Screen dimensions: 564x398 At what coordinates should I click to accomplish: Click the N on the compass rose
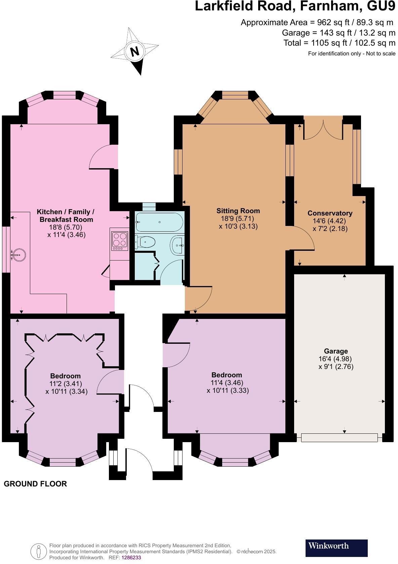(x=134, y=51)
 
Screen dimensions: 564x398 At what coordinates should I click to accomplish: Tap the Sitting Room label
(x=238, y=211)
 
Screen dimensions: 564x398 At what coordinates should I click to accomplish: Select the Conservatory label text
(x=330, y=213)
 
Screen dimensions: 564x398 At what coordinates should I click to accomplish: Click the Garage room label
(x=336, y=351)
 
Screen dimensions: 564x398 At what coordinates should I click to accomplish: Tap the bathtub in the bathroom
(x=159, y=222)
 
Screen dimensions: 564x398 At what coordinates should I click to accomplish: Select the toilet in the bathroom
(x=145, y=241)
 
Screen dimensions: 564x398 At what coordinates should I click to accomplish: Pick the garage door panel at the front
(x=339, y=438)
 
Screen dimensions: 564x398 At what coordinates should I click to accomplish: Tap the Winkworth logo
(x=336, y=546)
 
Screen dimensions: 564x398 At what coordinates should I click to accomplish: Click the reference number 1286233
(x=131, y=558)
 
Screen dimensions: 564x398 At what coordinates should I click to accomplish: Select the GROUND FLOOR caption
(x=35, y=484)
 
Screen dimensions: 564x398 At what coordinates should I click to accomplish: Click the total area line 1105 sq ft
(x=339, y=43)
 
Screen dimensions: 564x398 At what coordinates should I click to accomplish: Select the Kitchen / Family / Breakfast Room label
(x=66, y=216)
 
